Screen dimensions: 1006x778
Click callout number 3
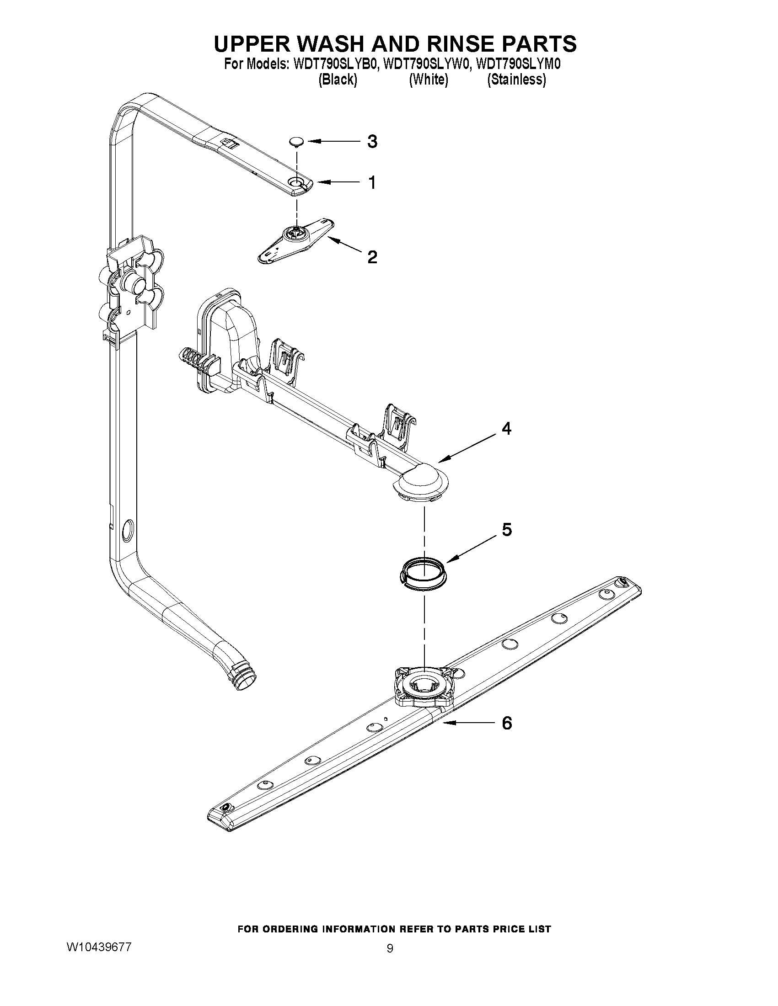click(372, 141)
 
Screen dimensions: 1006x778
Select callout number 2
click(372, 256)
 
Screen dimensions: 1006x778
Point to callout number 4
click(506, 429)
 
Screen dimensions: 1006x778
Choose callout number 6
click(506, 723)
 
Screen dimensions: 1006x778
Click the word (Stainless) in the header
click(517, 80)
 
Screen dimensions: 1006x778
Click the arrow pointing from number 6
click(466, 723)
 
